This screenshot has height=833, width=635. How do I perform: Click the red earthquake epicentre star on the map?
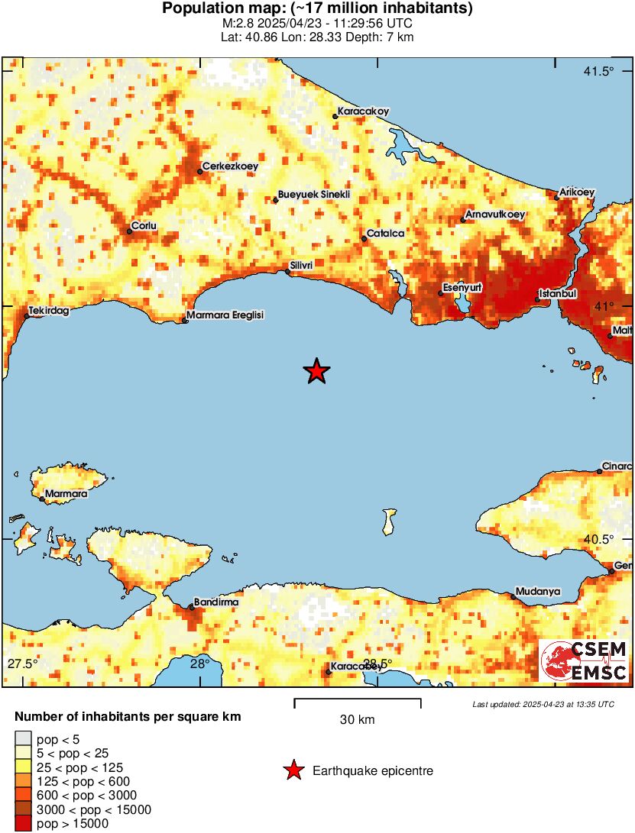(316, 371)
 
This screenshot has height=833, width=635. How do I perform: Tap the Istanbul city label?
(557, 293)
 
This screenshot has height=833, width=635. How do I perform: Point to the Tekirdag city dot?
(28, 315)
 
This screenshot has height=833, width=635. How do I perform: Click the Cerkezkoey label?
(229, 166)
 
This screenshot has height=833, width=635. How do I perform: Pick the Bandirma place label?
(216, 602)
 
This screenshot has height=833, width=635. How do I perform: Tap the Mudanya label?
(538, 591)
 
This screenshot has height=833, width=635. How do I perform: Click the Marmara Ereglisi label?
(225, 315)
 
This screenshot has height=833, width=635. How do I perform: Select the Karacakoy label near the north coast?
(363, 111)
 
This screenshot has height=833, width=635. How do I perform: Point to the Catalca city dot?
(364, 239)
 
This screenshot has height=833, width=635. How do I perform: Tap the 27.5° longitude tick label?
(22, 662)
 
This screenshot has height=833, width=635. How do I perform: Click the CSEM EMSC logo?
(585, 661)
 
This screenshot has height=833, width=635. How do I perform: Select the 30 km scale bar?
(357, 700)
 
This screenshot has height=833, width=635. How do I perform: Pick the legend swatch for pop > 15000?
(23, 823)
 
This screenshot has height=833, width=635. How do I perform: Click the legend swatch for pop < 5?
(23, 738)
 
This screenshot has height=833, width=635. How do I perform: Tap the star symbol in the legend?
(293, 771)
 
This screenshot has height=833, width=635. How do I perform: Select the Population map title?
(317, 9)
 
